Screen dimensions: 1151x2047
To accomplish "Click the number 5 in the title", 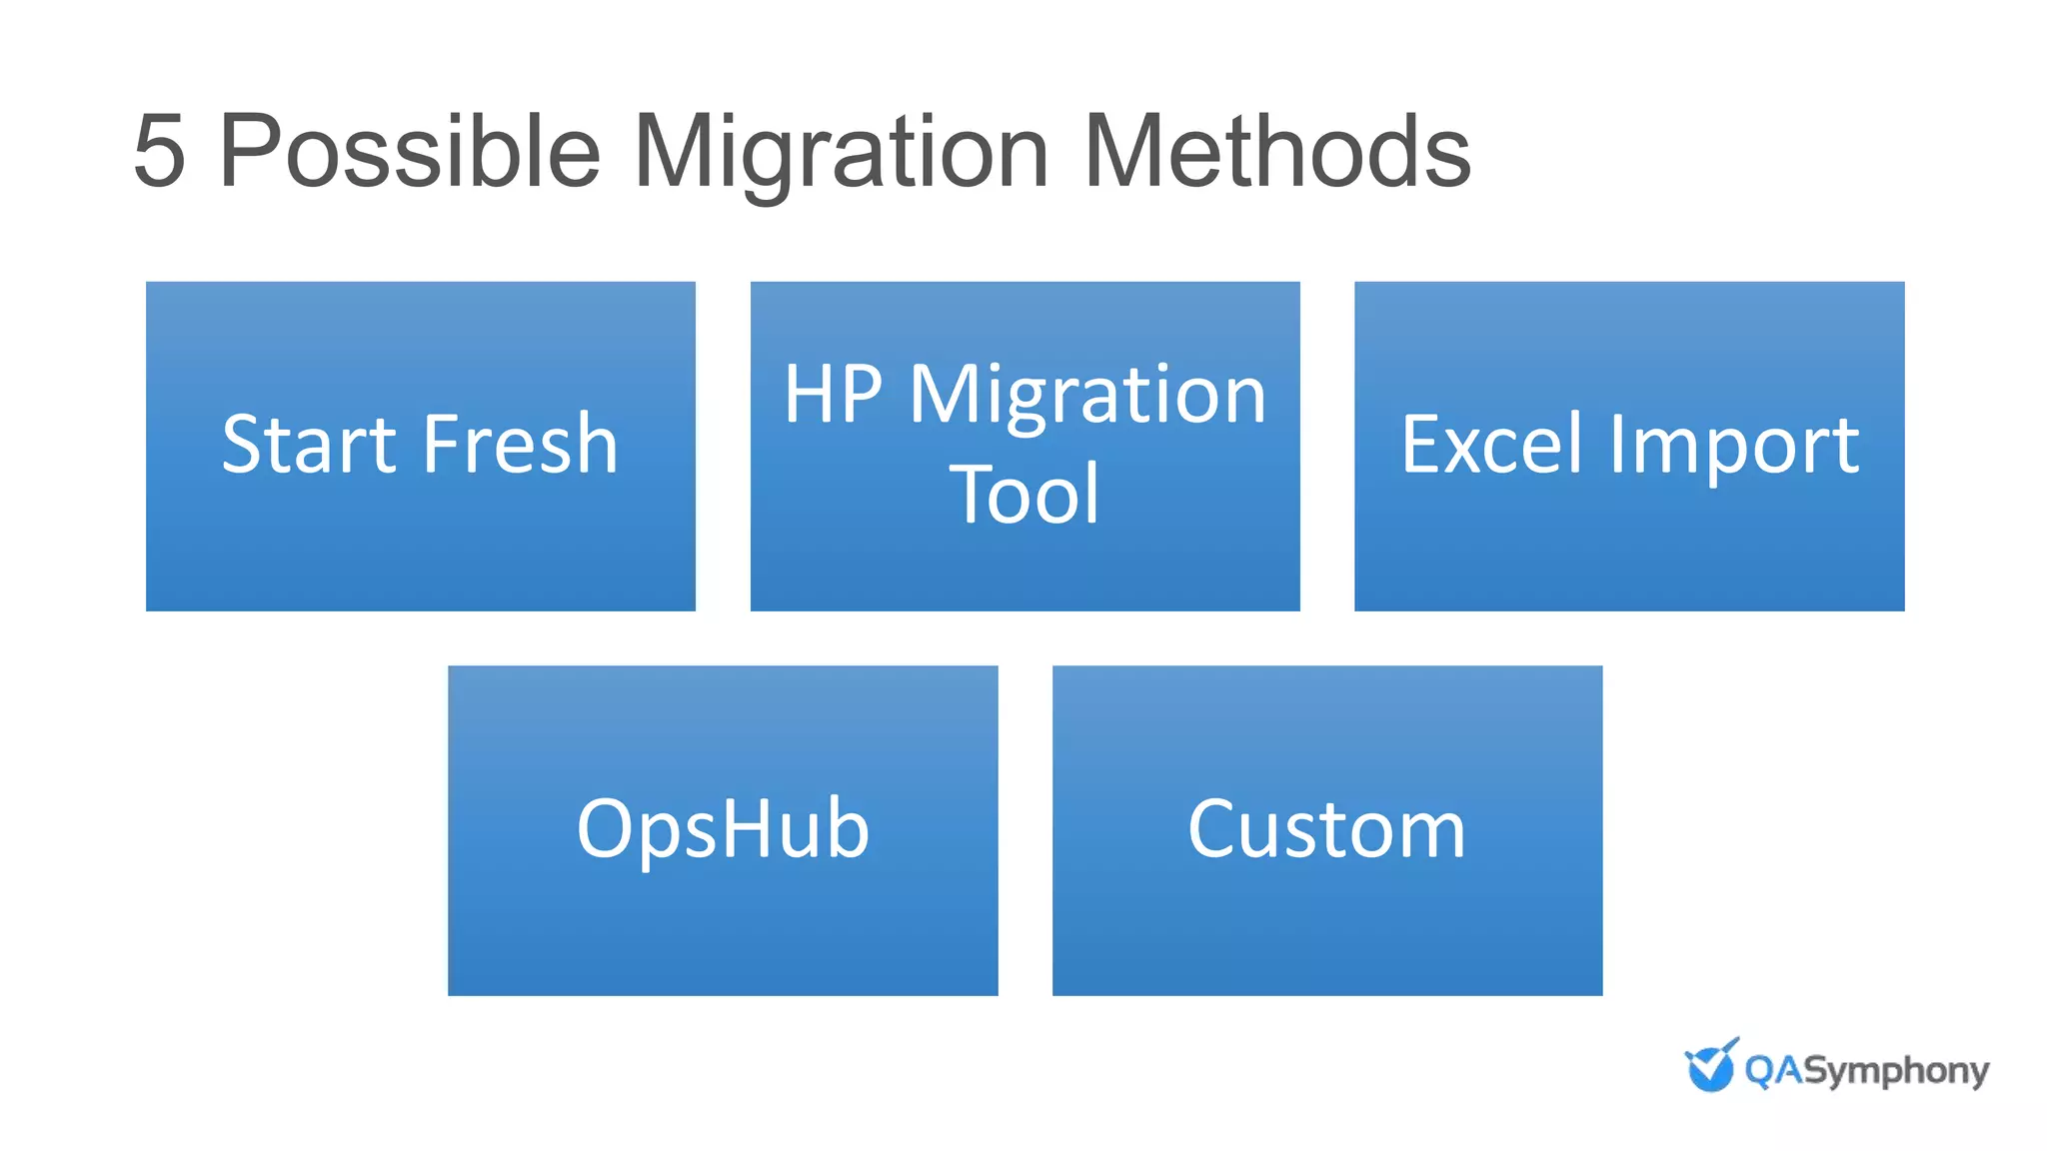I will (x=160, y=152).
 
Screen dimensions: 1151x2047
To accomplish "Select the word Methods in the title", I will (x=1276, y=152).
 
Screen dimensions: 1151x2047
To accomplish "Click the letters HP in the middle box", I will (x=833, y=395).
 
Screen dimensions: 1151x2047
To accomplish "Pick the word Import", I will (x=1734, y=446).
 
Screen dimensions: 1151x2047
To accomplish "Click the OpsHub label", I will (x=723, y=829).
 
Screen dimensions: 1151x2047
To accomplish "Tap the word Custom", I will (x=1326, y=829).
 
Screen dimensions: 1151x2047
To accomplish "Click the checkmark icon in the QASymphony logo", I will (x=1711, y=1065).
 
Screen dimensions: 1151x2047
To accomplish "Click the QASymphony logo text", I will (x=1866, y=1071).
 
